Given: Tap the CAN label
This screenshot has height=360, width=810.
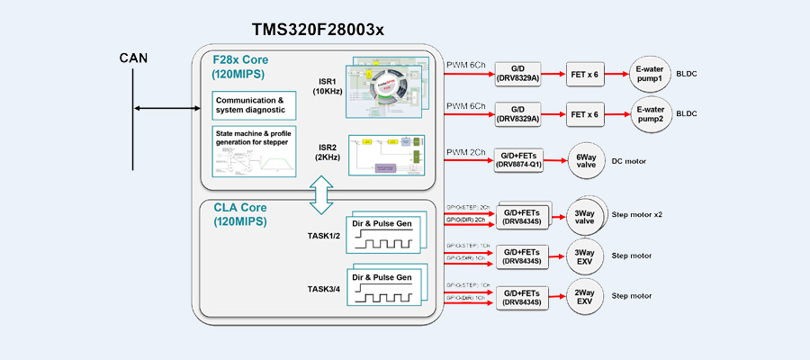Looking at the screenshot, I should point(133,59).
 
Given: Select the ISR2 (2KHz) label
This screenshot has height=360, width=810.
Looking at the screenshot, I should point(327,153).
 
